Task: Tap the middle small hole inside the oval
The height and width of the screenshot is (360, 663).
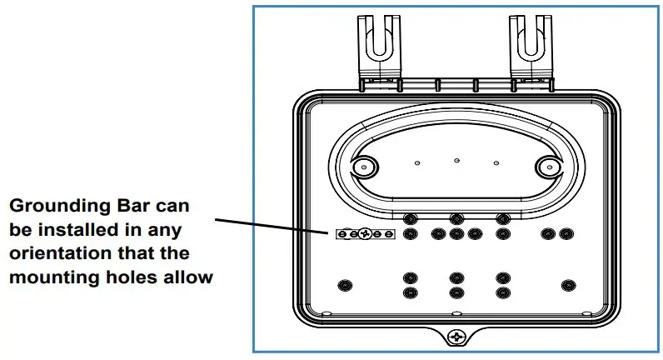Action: (x=456, y=158)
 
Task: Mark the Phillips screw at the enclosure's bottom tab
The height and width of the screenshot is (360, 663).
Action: (x=456, y=337)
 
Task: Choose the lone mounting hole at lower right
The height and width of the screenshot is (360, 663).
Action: (x=568, y=285)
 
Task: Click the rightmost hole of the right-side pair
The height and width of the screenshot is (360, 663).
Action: (x=566, y=234)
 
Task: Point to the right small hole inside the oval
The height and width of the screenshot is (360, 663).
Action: (x=496, y=163)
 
